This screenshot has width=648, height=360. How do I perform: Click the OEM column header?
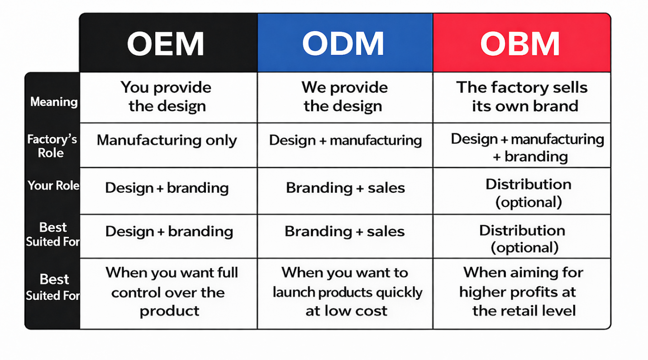click(168, 43)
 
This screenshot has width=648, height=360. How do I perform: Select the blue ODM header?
click(345, 43)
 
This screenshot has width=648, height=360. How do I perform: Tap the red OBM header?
click(522, 43)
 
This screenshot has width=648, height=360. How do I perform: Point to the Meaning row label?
click(54, 102)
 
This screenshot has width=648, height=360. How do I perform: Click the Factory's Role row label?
click(52, 146)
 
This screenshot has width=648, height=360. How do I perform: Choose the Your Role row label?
click(53, 186)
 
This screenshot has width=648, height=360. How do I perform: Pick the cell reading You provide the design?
click(168, 97)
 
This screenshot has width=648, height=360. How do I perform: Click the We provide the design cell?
click(345, 97)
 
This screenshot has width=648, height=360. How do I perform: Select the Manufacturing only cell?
click(168, 145)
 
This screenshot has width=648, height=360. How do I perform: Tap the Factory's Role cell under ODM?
click(345, 145)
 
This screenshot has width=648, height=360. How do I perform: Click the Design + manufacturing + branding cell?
click(522, 145)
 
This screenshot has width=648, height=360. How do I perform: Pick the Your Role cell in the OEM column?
click(168, 191)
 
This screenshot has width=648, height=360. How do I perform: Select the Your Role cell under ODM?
click(345, 191)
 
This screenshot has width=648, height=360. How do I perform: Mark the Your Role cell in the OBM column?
click(522, 191)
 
